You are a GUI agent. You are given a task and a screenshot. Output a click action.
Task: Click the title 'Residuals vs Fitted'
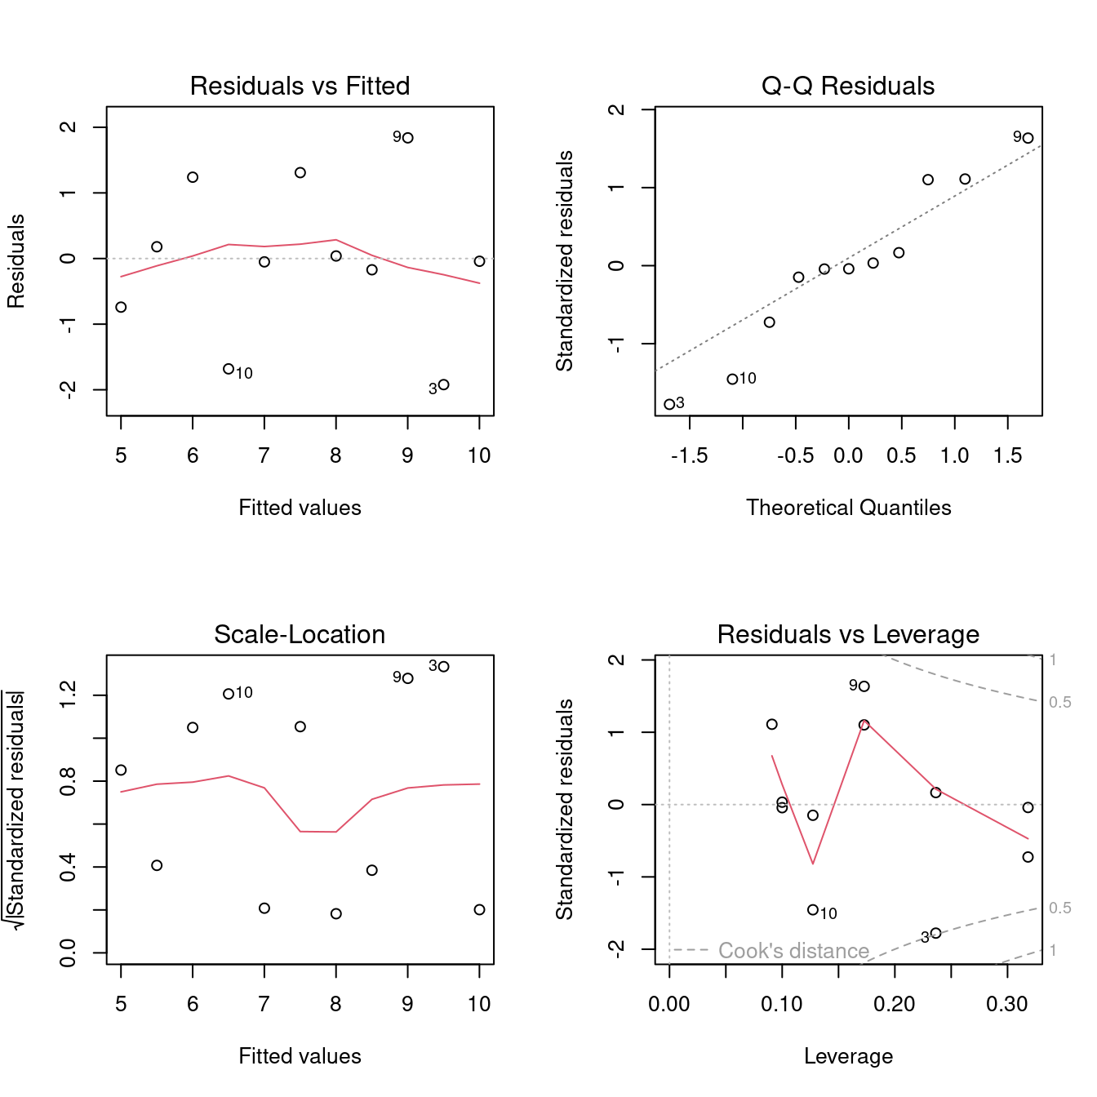(300, 86)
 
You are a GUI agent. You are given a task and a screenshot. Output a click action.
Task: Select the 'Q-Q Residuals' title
(848, 86)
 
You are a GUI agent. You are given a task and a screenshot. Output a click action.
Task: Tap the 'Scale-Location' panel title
(300, 634)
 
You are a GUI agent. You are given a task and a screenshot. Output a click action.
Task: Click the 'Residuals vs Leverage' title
(848, 634)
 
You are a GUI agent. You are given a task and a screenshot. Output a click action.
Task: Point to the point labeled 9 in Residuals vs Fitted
(408, 138)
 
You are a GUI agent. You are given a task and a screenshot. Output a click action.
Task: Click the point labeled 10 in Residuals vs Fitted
(229, 369)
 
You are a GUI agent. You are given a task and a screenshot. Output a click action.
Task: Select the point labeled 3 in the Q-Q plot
(669, 404)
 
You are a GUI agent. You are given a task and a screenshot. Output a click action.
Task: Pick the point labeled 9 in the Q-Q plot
(1028, 138)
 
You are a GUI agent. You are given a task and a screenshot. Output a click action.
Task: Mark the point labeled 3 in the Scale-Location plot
(444, 667)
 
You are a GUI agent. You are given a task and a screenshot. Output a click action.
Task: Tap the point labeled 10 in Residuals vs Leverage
(813, 910)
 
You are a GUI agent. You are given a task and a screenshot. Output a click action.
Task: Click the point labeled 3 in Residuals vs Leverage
(935, 933)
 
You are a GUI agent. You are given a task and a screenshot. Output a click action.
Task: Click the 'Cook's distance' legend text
(793, 951)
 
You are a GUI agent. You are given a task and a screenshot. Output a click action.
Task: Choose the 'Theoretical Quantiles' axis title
(848, 508)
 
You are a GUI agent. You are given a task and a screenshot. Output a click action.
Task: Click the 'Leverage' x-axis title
(848, 1056)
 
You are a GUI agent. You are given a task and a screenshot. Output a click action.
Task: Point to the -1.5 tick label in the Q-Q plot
(689, 455)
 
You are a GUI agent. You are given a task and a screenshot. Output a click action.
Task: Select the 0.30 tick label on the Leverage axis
(1007, 1004)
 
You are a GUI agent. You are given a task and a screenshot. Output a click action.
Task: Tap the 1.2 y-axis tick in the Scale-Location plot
(68, 695)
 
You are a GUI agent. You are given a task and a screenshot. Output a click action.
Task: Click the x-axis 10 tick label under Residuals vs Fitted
(479, 455)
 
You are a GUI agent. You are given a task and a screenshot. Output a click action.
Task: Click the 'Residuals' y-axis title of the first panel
(16, 261)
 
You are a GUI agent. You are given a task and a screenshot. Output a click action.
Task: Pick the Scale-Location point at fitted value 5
(121, 770)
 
